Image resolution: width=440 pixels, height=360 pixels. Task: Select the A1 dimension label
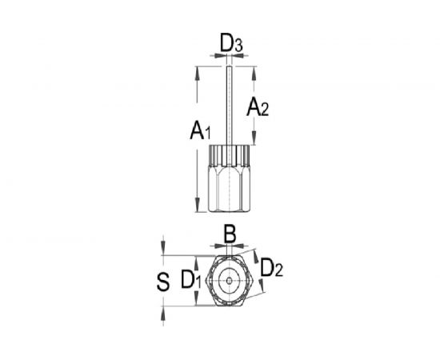[200, 130]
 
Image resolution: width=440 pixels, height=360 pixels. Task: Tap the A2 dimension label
[258, 107]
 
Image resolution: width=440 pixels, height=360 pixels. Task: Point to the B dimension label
[230, 234]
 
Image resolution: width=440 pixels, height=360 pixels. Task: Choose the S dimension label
[163, 282]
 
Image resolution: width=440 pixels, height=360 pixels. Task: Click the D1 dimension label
[191, 279]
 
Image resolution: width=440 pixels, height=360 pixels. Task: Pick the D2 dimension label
[271, 268]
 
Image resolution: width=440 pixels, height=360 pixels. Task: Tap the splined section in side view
[230, 155]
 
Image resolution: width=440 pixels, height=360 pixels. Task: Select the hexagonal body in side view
[230, 189]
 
